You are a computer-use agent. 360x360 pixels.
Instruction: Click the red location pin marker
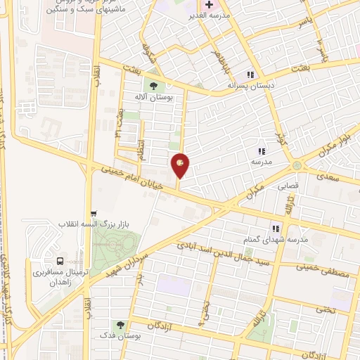click(181, 165)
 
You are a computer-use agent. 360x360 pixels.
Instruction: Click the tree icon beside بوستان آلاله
click(153, 88)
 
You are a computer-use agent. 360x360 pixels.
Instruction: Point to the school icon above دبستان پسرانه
click(250, 75)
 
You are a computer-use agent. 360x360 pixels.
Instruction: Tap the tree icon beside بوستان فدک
click(120, 326)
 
